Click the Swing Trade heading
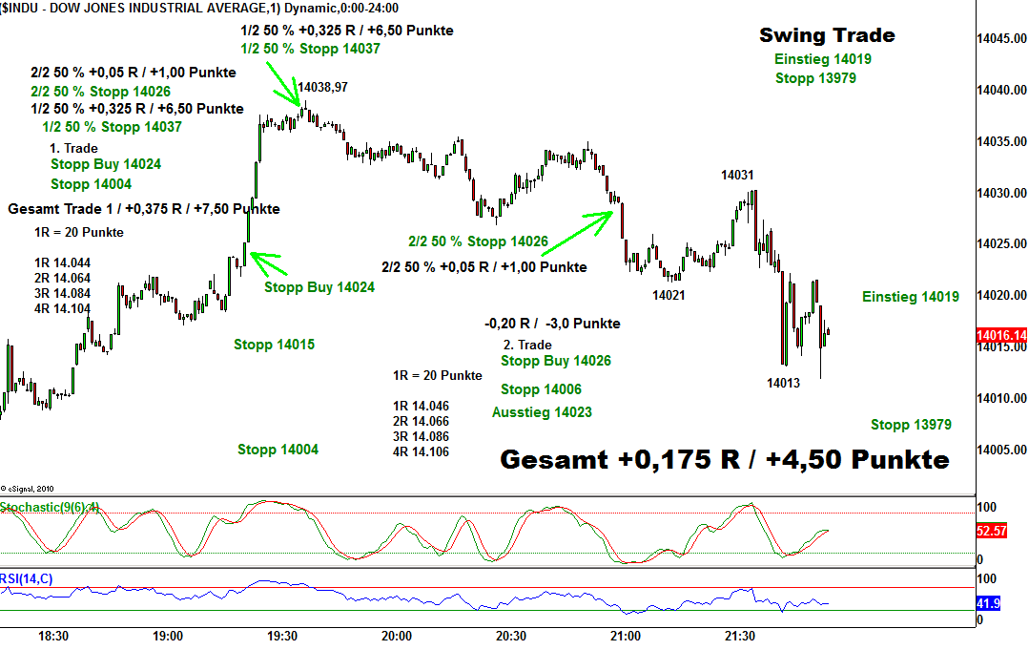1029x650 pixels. tap(827, 35)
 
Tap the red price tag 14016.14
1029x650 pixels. tap(1001, 335)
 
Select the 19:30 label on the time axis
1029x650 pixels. tap(282, 636)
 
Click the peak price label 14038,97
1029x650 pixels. tap(322, 87)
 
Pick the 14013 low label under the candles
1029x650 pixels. tap(783, 383)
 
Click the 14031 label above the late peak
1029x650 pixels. tap(737, 175)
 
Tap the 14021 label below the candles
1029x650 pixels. tap(669, 295)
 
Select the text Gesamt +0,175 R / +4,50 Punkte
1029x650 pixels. tap(725, 460)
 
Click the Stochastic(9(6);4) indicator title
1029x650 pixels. tap(50, 507)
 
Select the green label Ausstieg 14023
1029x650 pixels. tap(542, 412)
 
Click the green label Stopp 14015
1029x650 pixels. tap(274, 345)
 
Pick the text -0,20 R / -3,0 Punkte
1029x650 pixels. tap(552, 324)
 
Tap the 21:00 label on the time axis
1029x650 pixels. tap(625, 636)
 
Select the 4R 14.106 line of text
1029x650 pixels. tap(421, 452)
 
